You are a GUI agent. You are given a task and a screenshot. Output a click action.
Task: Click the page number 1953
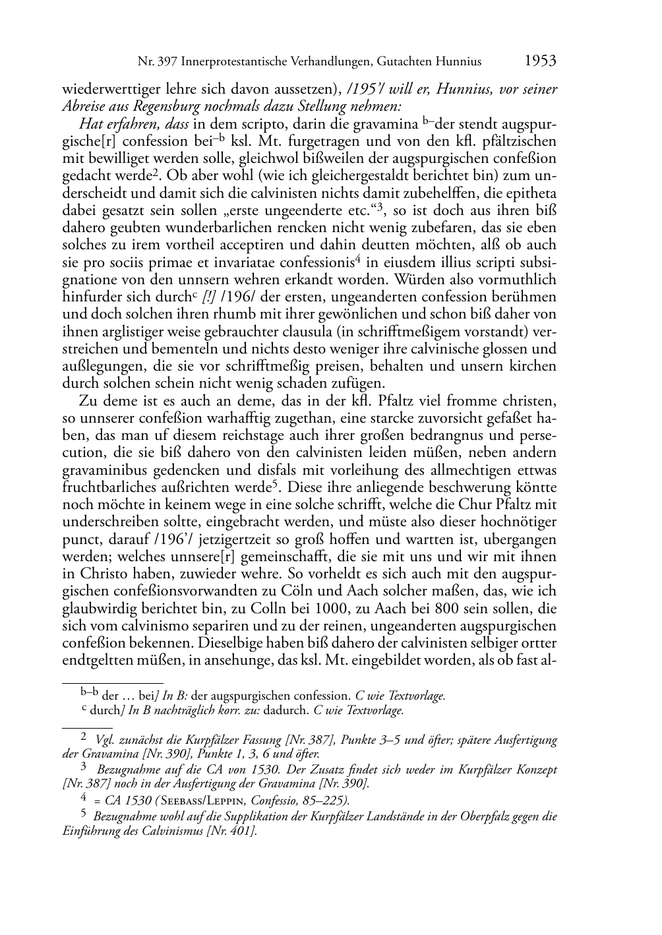tap(540, 61)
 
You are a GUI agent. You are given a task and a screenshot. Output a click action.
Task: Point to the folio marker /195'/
tap(366, 89)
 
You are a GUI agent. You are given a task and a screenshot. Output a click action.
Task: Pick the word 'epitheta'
tap(531, 193)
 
